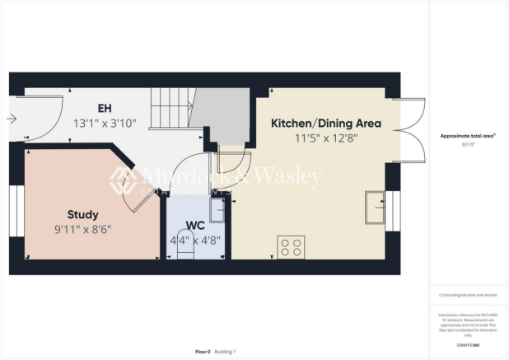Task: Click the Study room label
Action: point(83,214)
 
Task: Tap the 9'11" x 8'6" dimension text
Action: point(83,228)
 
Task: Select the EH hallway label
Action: point(104,109)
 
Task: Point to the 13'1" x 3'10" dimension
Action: point(104,124)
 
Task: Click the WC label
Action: point(195,225)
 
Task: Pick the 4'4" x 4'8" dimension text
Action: point(195,241)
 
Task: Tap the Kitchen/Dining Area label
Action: point(326,123)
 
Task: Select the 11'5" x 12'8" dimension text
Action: point(326,138)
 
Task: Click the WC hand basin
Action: point(216,211)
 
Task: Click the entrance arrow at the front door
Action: point(11,119)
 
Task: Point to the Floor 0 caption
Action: point(203,352)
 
